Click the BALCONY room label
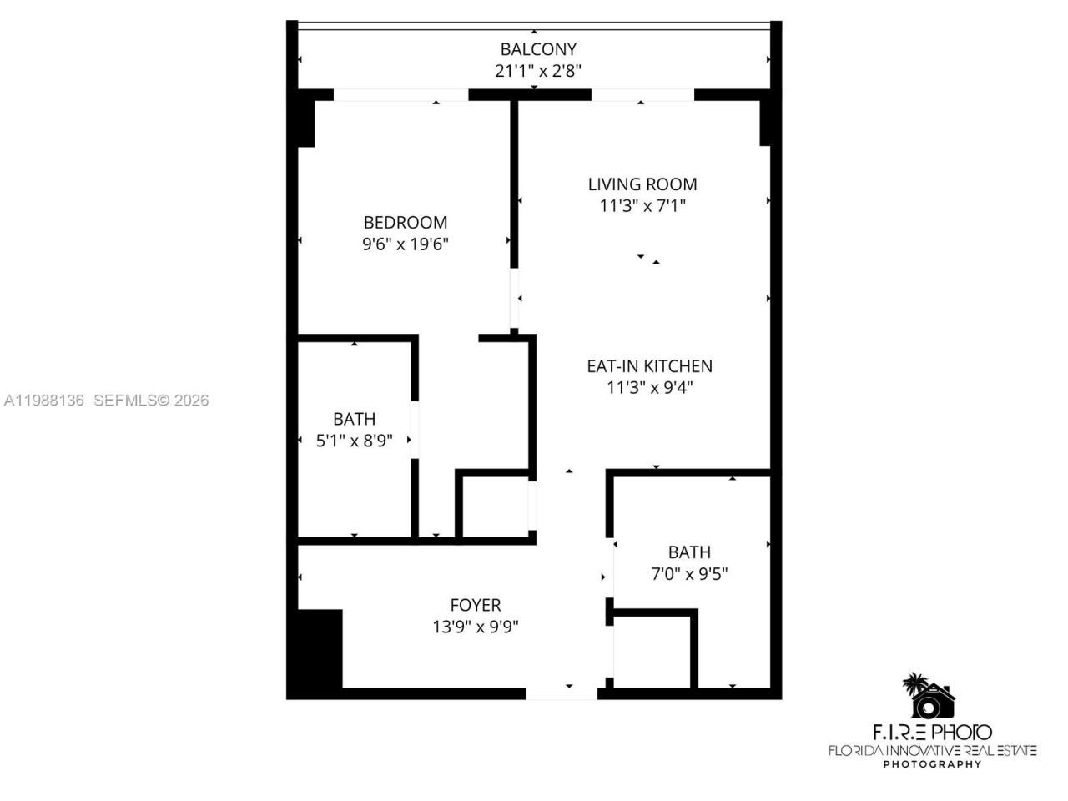pos(537,49)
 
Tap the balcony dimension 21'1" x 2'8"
pos(537,71)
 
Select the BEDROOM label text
pos(406,223)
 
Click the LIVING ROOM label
pos(642,184)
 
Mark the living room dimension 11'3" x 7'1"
pos(642,206)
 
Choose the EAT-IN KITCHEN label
pos(649,366)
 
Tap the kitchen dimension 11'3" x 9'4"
pos(649,388)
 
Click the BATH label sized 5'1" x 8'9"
pos(354,419)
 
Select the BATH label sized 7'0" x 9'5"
pos(689,552)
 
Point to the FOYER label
pos(476,606)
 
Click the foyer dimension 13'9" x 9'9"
pos(476,627)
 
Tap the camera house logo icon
pos(931,697)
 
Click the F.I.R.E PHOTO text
pos(932,733)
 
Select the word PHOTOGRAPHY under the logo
pos(932,764)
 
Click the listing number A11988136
pos(43,400)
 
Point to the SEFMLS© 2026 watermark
pos(151,400)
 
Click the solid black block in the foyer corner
pos(320,649)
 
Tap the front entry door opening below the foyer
pos(562,693)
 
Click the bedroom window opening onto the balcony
pos(400,95)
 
